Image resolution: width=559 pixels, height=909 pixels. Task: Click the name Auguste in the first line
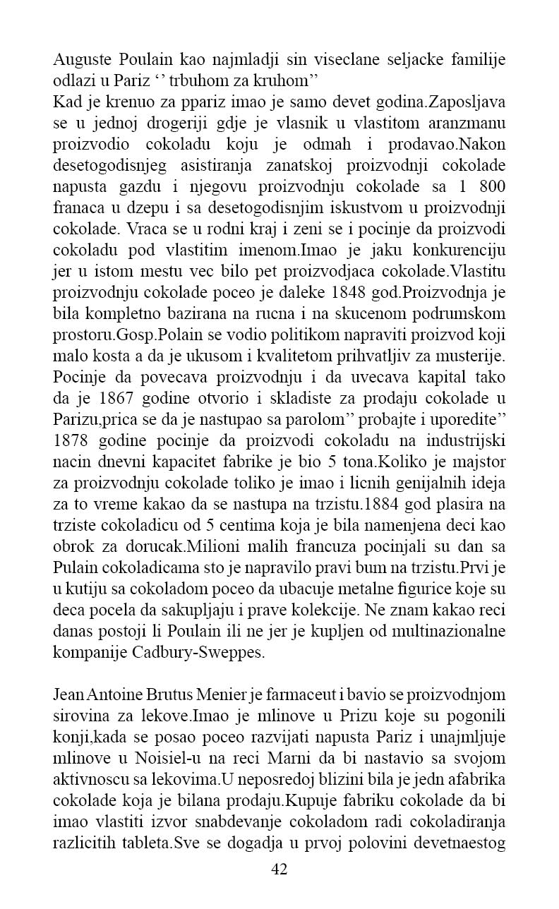[x=80, y=59]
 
